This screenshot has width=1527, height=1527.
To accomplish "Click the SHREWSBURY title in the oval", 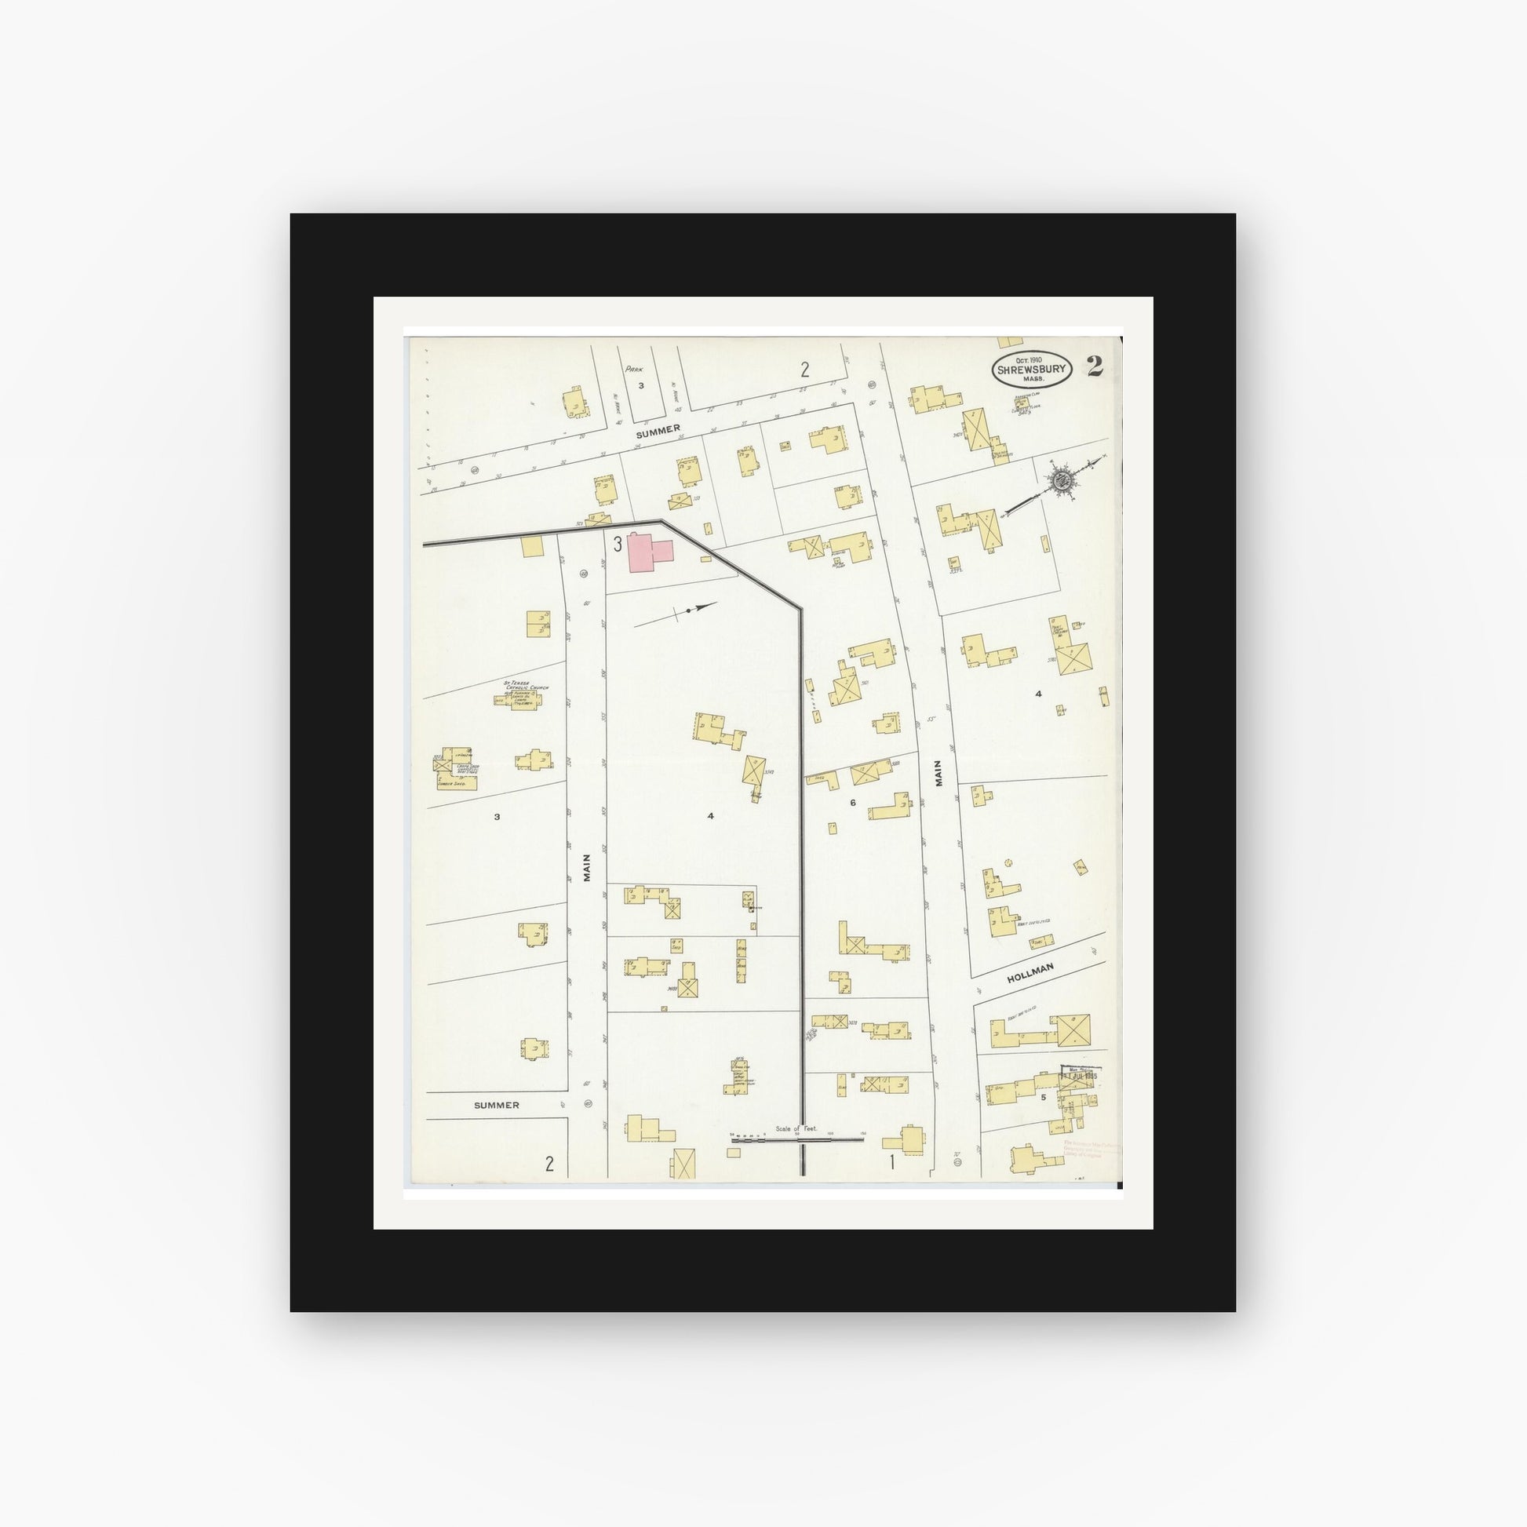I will (x=1032, y=369).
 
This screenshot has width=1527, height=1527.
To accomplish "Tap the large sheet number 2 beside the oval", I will (x=1095, y=366).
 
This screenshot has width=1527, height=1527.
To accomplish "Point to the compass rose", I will (x=1061, y=479).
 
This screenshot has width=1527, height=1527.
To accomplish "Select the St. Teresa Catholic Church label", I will (x=525, y=687).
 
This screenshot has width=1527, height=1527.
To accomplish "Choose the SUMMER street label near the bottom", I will (x=497, y=1105).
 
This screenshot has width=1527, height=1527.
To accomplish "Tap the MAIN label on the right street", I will (x=938, y=773).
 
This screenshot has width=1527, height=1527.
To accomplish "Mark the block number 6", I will (x=853, y=803).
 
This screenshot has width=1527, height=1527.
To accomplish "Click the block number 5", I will (x=1044, y=1097).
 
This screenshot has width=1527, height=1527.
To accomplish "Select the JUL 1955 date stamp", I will (x=1080, y=1076).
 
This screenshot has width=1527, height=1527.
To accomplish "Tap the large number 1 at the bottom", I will (x=891, y=1162).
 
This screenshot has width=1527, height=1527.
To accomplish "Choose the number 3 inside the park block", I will (x=642, y=386).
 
